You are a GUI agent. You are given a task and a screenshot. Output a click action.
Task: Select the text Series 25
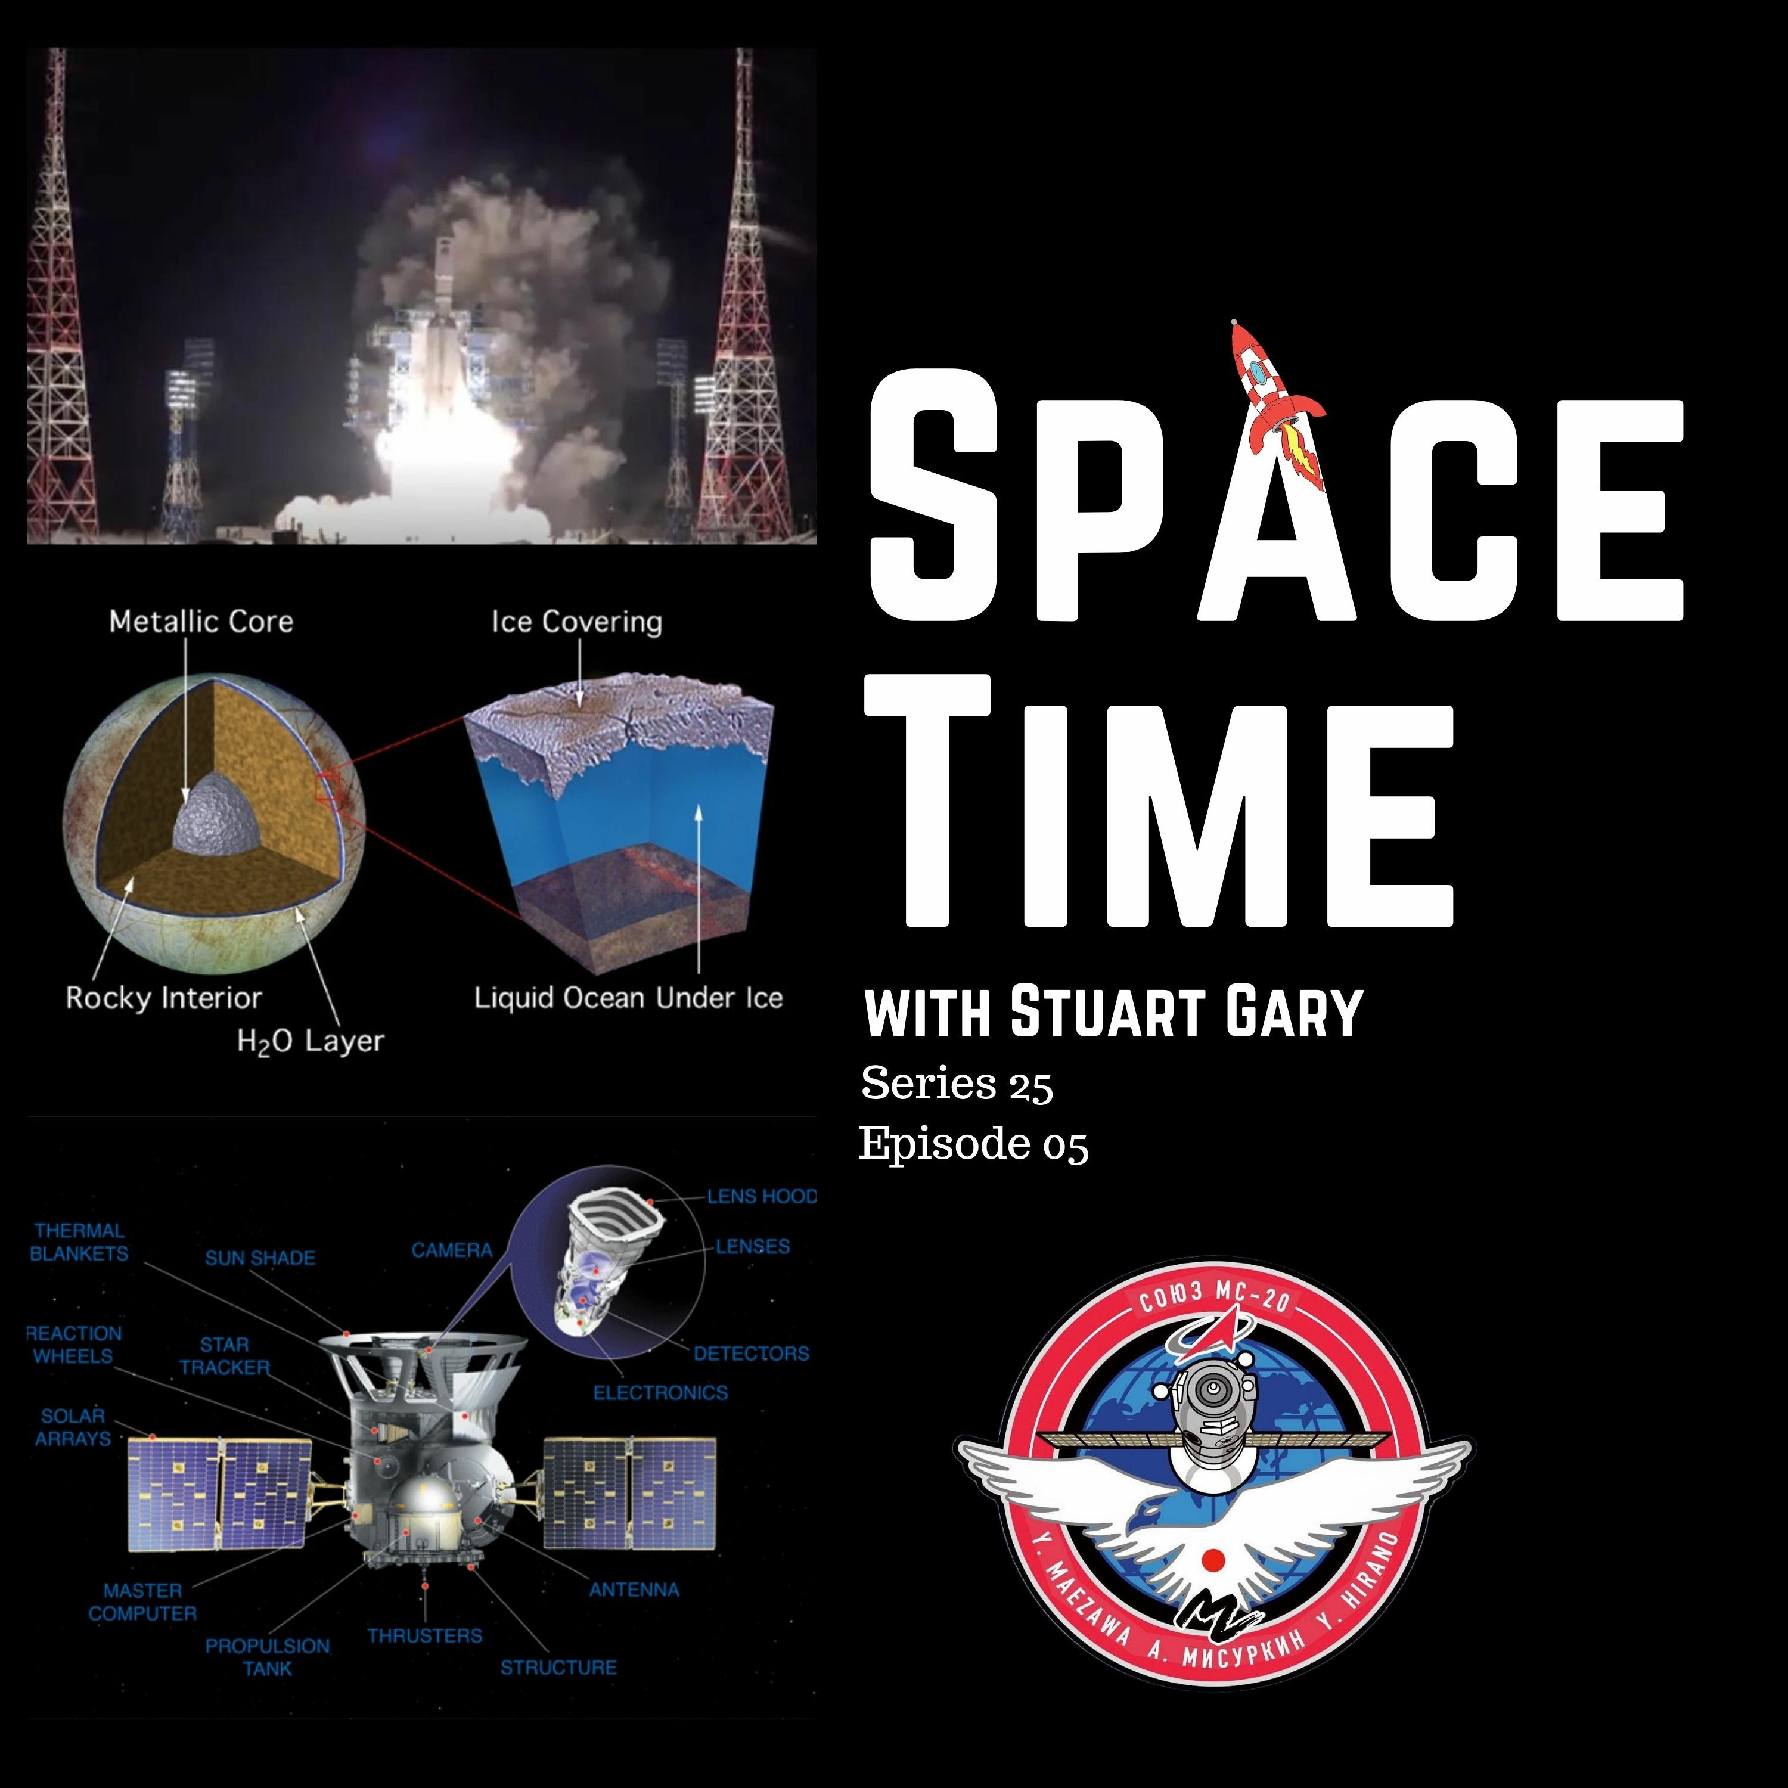[x=957, y=1084]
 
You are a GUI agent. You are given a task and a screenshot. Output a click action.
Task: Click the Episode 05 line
[x=974, y=1144]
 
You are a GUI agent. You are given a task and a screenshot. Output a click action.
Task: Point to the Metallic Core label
[x=201, y=621]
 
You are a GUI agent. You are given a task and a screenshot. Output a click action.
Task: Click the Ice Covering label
[x=576, y=622]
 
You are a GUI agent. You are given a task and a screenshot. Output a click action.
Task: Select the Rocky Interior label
[x=164, y=998]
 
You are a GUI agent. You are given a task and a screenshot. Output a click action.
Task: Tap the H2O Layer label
[x=310, y=1041]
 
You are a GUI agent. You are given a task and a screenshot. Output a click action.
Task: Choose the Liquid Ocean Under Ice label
[x=628, y=998]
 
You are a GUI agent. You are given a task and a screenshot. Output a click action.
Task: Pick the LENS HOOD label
[x=762, y=1197]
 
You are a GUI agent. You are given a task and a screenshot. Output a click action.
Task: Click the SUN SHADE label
[x=260, y=1258]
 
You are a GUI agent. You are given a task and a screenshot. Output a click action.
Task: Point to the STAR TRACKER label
[x=225, y=1356]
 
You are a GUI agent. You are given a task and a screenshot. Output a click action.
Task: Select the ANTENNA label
[x=634, y=1590]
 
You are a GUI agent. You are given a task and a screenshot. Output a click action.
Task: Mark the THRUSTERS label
[x=425, y=1636]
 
